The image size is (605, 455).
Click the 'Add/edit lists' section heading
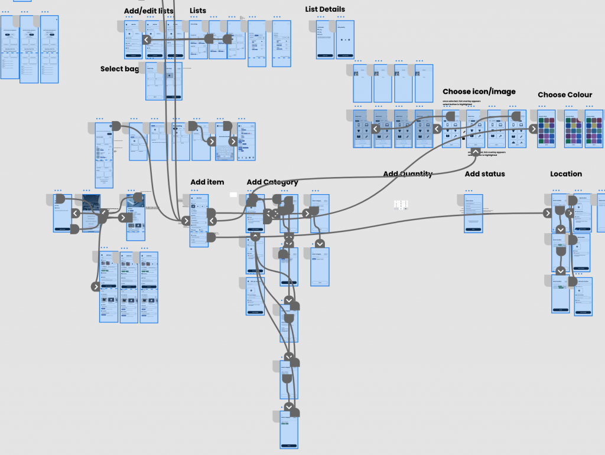click(149, 11)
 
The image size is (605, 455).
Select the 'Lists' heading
click(198, 11)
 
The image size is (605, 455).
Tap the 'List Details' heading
click(325, 9)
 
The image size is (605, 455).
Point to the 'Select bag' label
click(120, 69)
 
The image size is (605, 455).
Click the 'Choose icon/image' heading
click(479, 91)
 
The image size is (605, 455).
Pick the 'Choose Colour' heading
click(565, 94)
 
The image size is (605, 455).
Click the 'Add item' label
click(207, 182)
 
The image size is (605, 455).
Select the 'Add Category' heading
click(272, 182)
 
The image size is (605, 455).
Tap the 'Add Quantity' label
click(408, 174)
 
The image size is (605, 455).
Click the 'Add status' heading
click(484, 174)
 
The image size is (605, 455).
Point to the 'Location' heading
click(566, 174)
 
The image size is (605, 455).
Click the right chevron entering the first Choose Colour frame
click(534, 129)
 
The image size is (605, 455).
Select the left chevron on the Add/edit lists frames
click(146, 40)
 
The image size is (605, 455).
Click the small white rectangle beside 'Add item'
click(233, 194)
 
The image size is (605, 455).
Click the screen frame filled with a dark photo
click(92, 212)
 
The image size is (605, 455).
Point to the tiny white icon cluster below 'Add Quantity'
click(401, 205)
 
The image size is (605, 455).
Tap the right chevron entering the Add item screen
click(186, 221)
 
